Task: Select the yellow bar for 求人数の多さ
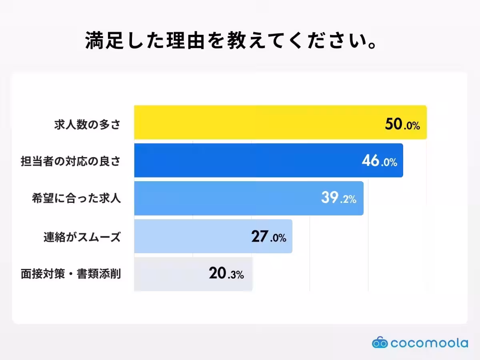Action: [x=256, y=122]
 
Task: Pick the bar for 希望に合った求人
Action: [x=224, y=198]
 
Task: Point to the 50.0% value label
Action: [x=402, y=125]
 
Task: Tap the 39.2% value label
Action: [x=338, y=198]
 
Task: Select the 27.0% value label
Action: [x=268, y=237]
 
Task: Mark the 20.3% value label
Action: [x=226, y=274]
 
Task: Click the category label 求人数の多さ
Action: [x=87, y=125]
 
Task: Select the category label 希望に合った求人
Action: [x=76, y=199]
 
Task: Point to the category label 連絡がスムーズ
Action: [x=82, y=237]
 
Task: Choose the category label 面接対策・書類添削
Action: [x=71, y=274]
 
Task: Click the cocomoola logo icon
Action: [x=380, y=343]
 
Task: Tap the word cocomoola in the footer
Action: [x=429, y=343]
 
